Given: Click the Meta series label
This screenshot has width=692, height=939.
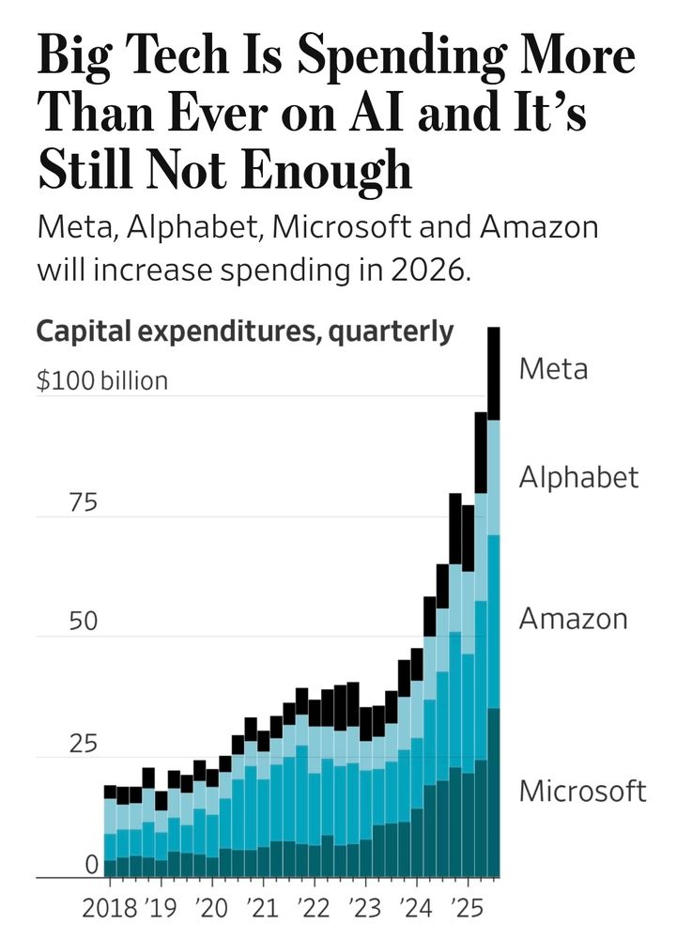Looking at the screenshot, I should (553, 368).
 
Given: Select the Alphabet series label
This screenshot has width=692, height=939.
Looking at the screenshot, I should (578, 477).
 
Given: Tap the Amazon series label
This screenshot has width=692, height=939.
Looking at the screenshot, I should (573, 619).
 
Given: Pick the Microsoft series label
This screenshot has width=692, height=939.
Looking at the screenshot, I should (582, 791).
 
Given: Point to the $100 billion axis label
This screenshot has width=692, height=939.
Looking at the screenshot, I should (101, 381).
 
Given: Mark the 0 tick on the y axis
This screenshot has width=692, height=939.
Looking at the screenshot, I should (91, 864).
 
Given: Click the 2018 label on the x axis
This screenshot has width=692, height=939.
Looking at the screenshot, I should (110, 910).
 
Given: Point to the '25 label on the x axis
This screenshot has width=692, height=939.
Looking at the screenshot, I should (468, 910).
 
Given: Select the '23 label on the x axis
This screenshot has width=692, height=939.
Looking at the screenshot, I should (365, 910).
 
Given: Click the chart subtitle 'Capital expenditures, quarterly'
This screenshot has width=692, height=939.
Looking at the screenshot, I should (244, 331).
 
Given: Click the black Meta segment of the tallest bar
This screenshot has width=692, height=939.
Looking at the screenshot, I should (493, 373).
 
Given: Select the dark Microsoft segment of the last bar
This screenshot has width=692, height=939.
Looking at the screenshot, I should (493, 793).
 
